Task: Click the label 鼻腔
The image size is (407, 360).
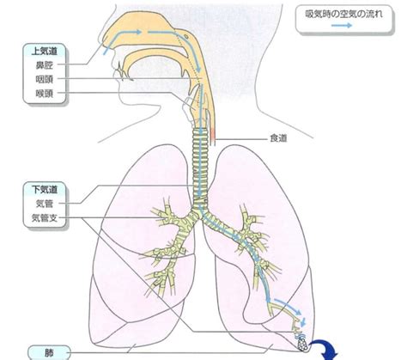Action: point(45,65)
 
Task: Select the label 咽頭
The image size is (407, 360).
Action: point(45,79)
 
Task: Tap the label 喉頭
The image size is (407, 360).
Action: point(45,94)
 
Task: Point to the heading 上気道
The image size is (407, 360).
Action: point(45,52)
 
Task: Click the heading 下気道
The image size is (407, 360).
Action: point(45,189)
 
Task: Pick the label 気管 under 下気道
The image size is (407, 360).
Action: point(45,204)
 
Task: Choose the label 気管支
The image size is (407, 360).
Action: point(45,218)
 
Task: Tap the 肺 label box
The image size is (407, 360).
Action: point(49,352)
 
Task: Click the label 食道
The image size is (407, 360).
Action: point(278,138)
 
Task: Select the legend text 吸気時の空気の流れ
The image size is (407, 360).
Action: point(343,14)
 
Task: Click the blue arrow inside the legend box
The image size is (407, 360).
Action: point(342,26)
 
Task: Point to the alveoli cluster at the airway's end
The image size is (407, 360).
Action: point(302,344)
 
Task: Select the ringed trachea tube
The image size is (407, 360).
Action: point(200,166)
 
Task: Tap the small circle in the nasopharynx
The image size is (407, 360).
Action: point(186,36)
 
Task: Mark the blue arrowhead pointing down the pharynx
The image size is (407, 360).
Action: point(198,70)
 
